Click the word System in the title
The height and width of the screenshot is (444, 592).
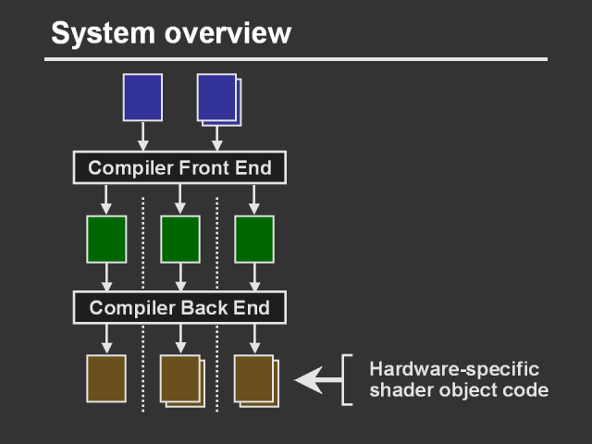click(x=99, y=34)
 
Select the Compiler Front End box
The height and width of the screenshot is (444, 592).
click(x=179, y=167)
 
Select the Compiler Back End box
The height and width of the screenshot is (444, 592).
click(x=179, y=306)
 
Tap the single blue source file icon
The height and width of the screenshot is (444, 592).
click(x=142, y=97)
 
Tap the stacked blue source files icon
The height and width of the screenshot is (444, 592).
click(x=218, y=99)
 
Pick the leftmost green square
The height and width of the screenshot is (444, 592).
click(x=106, y=240)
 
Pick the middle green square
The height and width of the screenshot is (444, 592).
click(x=180, y=240)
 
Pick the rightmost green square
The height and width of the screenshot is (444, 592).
click(x=254, y=240)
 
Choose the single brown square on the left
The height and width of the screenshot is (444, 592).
click(x=106, y=378)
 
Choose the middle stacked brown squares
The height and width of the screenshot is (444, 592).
click(x=182, y=380)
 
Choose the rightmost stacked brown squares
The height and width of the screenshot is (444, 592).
click(x=256, y=380)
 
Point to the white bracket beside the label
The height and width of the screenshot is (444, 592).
click(x=347, y=379)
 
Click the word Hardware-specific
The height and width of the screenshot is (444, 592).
click(x=454, y=367)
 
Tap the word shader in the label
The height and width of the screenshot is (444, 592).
click(x=397, y=389)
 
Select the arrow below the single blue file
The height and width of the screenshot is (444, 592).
click(x=142, y=136)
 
